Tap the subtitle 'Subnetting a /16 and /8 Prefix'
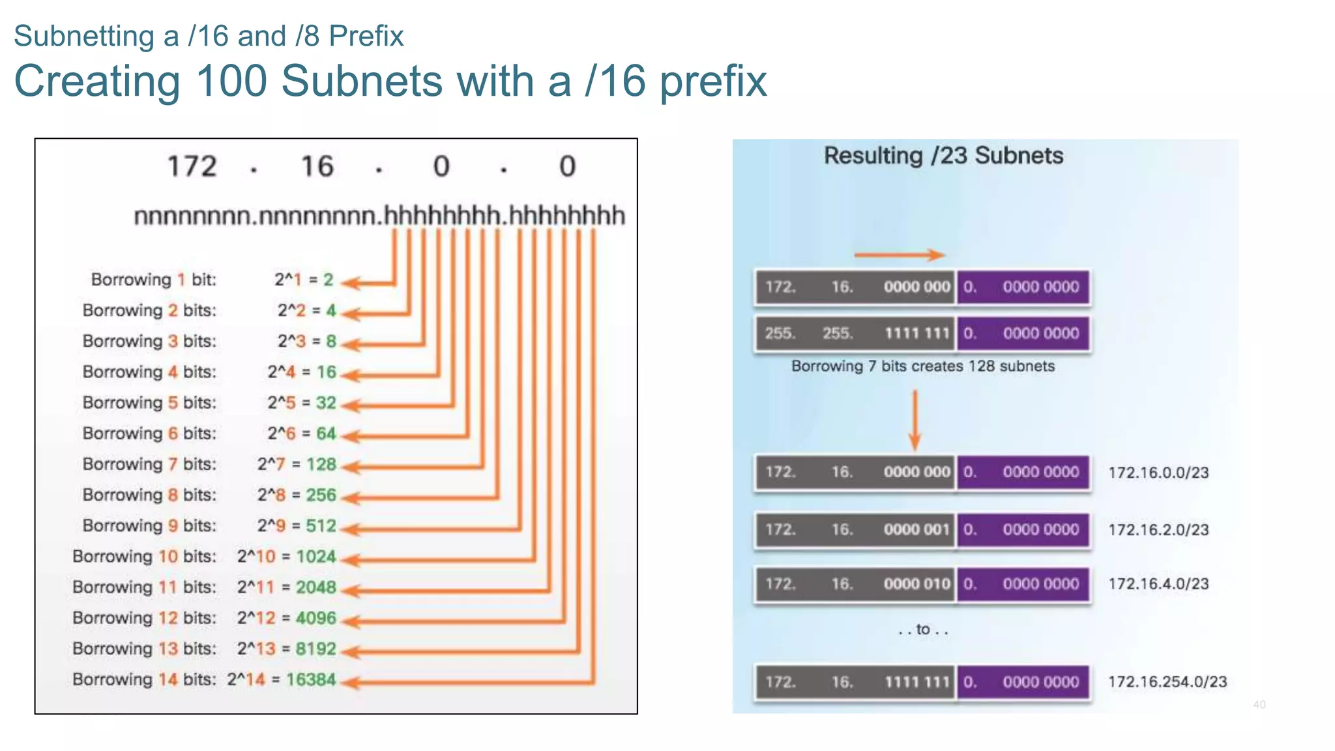click(209, 36)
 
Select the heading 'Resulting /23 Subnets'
click(943, 156)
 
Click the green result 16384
click(311, 679)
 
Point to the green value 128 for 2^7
click(321, 464)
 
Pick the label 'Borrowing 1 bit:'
click(153, 280)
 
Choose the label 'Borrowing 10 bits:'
click(144, 556)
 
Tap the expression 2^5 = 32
click(301, 403)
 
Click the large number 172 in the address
click(192, 167)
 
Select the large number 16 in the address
click(317, 167)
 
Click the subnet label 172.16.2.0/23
click(1158, 529)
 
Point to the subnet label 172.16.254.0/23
click(1167, 682)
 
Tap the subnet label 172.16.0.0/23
click(1158, 473)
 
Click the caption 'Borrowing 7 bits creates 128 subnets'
click(922, 366)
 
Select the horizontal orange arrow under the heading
click(900, 255)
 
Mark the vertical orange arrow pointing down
click(915, 420)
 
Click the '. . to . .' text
click(923, 630)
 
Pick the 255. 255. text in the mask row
click(808, 334)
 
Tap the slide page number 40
click(1259, 705)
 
